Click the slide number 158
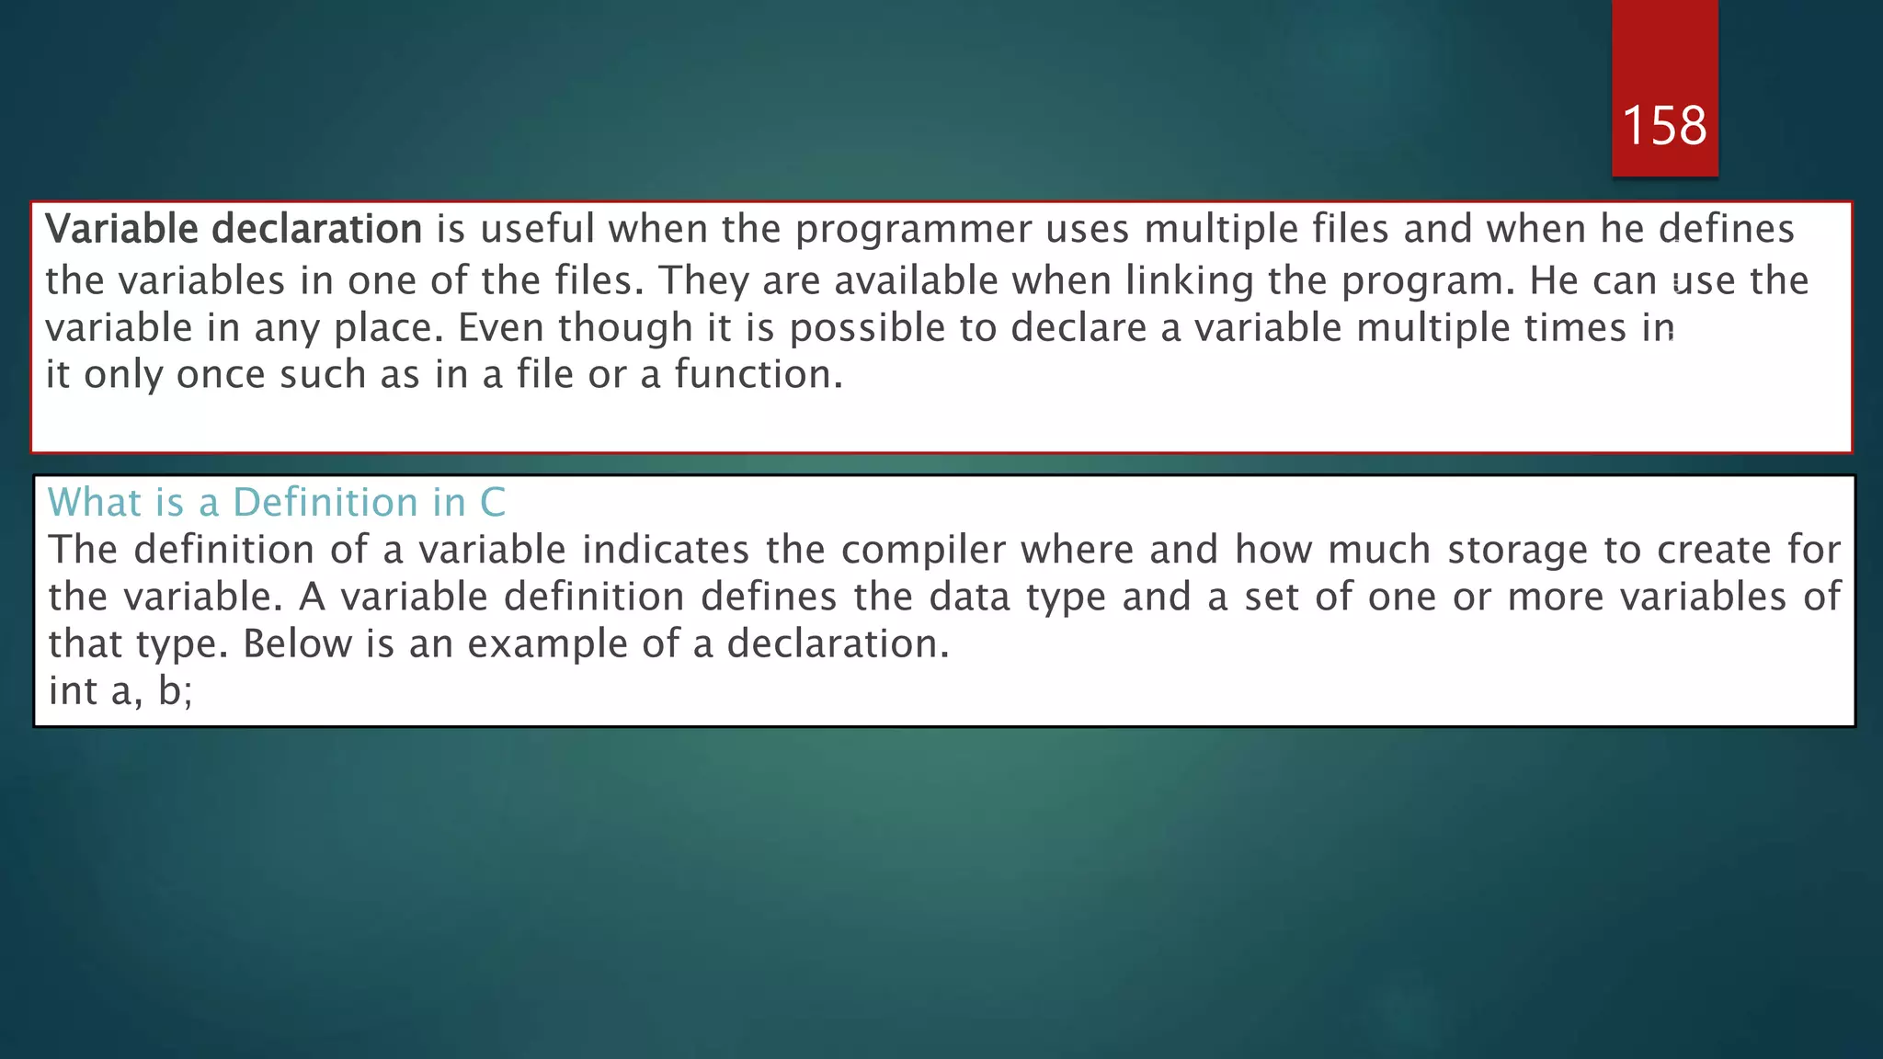click(1664, 125)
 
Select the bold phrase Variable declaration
click(234, 229)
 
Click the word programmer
click(913, 229)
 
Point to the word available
click(916, 280)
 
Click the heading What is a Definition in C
click(277, 502)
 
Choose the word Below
click(297, 644)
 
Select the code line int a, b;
click(120, 691)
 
